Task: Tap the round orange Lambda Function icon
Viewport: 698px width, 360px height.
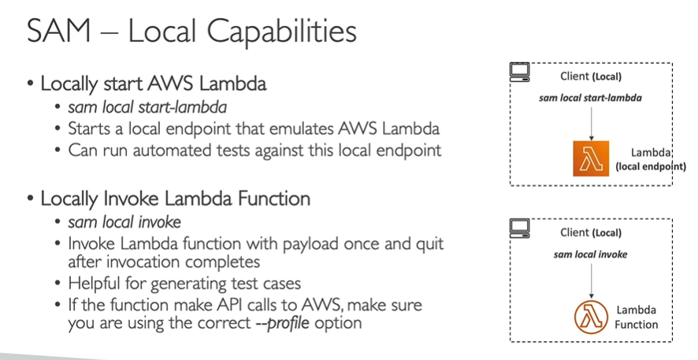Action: pyautogui.click(x=590, y=317)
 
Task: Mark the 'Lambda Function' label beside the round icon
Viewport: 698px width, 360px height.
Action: pyautogui.click(x=637, y=317)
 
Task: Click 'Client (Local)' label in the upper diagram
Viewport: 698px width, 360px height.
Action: pyautogui.click(x=591, y=76)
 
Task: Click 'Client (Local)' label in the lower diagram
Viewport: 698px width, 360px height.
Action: pyautogui.click(x=591, y=232)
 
